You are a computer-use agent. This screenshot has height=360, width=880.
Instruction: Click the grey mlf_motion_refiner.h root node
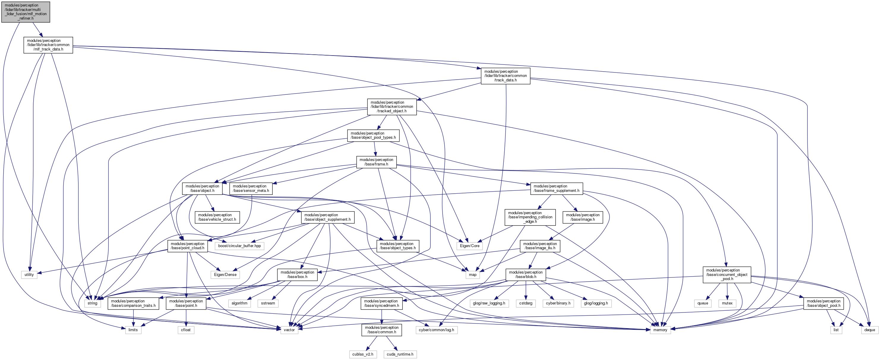[26, 12]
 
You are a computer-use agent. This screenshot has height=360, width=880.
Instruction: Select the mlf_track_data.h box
[48, 45]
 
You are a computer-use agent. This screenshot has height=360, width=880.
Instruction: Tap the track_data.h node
[505, 76]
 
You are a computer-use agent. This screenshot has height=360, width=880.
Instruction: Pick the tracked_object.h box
[391, 107]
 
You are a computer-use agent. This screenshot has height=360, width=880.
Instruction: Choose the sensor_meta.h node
[251, 189]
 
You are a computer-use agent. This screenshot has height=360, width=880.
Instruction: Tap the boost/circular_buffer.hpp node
[239, 246]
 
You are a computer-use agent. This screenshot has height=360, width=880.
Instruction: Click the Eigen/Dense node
[225, 275]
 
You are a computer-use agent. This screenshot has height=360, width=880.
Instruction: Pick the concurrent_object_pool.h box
[727, 275]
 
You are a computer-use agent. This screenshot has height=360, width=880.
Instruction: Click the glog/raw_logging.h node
[489, 303]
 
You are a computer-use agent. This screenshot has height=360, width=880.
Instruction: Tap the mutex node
[727, 303]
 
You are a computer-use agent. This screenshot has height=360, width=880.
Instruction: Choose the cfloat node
[186, 330]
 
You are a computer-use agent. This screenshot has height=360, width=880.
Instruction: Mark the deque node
[869, 330]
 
